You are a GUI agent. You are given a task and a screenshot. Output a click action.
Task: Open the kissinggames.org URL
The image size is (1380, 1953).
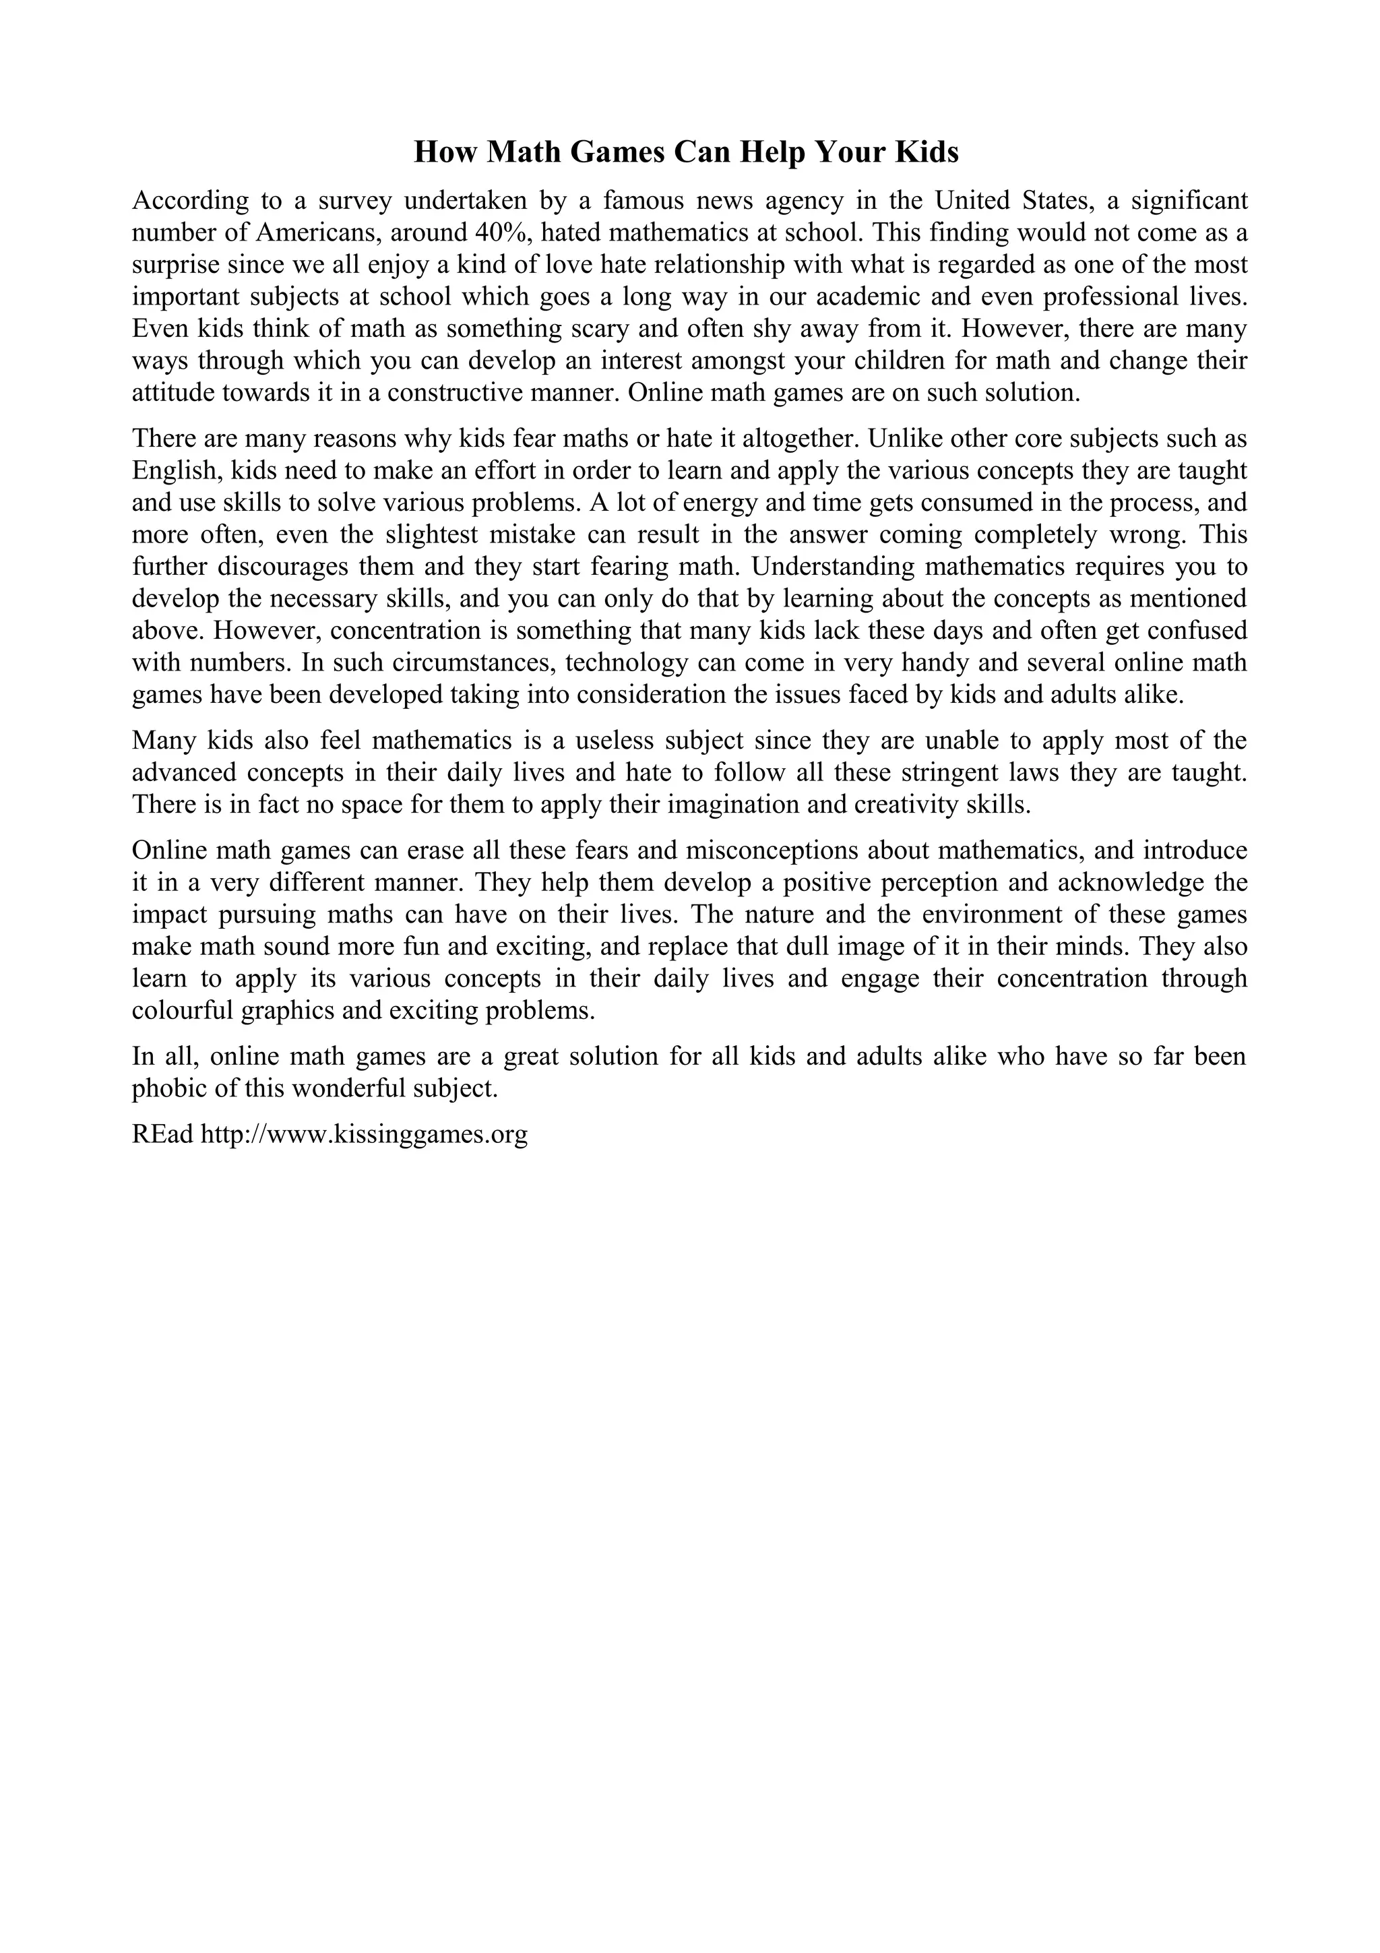[x=364, y=1135]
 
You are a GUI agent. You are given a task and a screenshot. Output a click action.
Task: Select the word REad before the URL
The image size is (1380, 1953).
[x=162, y=1135]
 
